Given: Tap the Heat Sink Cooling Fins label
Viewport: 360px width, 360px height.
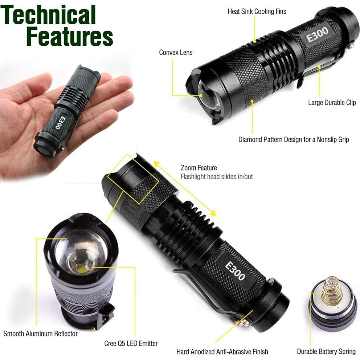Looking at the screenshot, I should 257,12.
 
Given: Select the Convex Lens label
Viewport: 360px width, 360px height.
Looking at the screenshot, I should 176,53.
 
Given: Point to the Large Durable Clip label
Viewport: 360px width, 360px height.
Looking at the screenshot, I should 332,103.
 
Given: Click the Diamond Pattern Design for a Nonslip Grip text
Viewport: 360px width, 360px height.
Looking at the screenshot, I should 293,139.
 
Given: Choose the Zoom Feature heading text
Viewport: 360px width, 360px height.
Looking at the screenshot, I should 199,168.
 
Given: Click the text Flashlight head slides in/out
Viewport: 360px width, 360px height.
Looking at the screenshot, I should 217,177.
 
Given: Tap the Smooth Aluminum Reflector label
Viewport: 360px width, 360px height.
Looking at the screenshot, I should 41,334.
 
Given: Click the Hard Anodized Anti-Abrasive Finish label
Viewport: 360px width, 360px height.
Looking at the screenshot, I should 222,352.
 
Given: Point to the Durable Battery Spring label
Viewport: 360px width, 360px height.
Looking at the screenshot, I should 326,351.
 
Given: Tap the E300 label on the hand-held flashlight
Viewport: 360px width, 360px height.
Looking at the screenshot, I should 58,123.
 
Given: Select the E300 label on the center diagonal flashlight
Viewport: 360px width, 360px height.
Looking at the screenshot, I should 235,270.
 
